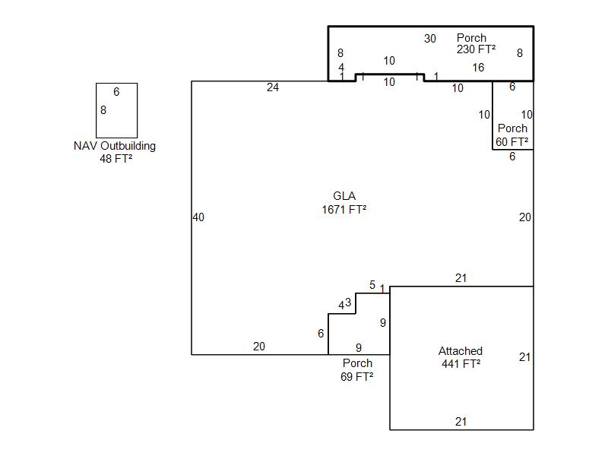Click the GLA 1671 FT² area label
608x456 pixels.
point(344,203)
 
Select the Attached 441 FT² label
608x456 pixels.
point(461,357)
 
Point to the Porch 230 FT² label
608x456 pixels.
point(476,43)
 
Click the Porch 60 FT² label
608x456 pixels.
point(512,135)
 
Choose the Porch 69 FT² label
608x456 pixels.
point(357,369)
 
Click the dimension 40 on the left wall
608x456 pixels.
point(198,217)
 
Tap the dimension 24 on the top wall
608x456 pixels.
point(273,87)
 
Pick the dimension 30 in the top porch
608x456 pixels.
point(430,39)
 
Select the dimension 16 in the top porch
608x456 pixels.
point(478,68)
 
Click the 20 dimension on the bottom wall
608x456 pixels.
point(259,347)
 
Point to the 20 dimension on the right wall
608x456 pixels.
point(525,217)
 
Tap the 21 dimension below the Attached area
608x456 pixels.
point(461,422)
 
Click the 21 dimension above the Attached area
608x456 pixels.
point(461,278)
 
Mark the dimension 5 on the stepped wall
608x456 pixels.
point(372,285)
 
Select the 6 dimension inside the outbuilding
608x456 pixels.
point(116,92)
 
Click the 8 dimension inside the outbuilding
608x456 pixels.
point(103,110)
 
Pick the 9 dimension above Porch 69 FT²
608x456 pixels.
point(359,348)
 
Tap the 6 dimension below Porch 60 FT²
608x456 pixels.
point(512,157)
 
